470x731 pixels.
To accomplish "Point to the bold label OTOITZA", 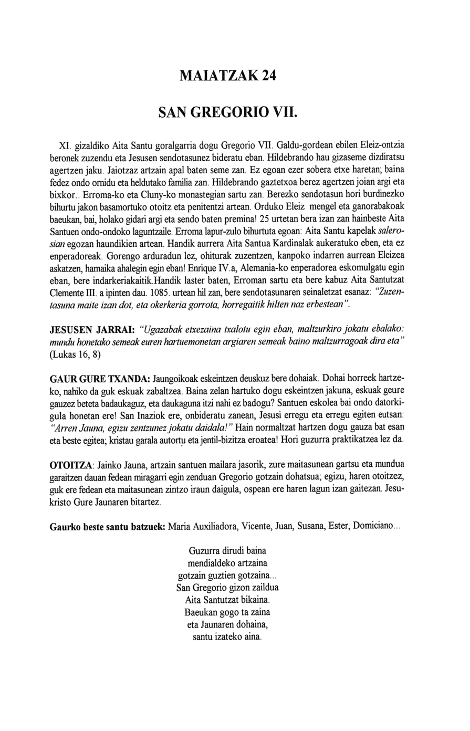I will (x=71, y=466).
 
